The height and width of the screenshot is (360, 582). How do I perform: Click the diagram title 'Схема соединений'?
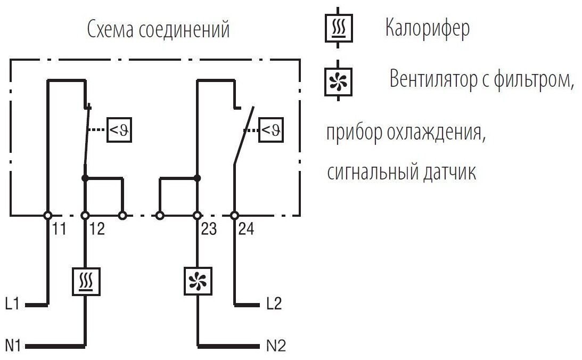pos(159,30)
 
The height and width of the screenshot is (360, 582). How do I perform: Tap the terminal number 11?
pos(60,230)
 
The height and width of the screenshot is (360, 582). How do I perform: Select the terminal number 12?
pos(97,230)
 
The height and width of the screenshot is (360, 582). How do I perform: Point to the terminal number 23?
pos(210,230)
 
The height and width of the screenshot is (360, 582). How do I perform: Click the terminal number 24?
pos(247,230)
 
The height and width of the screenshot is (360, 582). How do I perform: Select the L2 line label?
pos(274,305)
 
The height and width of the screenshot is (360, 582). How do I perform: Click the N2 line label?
pos(275,346)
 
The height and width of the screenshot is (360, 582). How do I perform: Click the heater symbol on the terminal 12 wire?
pos(85,281)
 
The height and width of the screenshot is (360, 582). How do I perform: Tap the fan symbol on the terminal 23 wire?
pos(197,281)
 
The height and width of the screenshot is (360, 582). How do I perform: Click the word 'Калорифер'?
pos(428,29)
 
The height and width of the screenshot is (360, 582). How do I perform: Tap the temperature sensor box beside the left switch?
pos(119,129)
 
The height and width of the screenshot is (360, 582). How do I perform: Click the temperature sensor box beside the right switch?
pos(271,129)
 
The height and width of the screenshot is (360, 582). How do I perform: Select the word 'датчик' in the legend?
pos(445,173)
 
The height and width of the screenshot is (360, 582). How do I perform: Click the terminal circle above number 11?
pos(47,215)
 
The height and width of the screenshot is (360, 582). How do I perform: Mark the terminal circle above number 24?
pos(234,215)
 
